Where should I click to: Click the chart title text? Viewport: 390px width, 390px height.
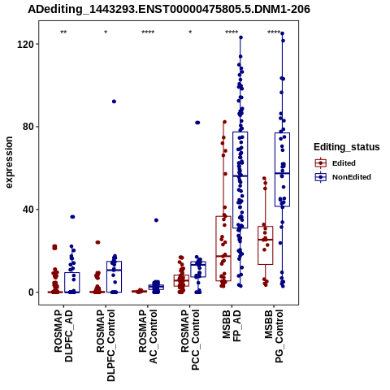[169, 9]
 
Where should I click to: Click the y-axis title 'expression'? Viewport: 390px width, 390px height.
[9, 162]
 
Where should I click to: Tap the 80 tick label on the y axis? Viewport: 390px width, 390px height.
[27, 127]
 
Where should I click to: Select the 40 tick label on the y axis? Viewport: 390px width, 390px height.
[27, 210]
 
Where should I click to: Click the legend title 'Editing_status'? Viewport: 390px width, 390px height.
[347, 147]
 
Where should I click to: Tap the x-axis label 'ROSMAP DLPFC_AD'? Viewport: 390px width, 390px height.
[63, 336]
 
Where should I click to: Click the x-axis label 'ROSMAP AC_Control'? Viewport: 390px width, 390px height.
[148, 336]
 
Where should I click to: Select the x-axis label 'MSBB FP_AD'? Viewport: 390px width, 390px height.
[232, 326]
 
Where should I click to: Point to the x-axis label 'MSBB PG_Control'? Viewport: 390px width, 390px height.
[274, 336]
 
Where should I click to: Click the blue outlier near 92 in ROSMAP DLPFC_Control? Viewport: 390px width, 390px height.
[114, 102]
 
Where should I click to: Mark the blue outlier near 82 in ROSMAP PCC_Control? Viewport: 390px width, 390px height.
[197, 123]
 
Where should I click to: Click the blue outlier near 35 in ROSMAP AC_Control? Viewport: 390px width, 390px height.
[156, 220]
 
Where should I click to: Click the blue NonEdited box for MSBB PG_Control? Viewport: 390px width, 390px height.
[282, 170]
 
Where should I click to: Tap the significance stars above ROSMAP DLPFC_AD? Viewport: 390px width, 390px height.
[63, 32]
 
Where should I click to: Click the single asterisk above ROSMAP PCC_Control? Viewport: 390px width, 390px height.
[190, 32]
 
